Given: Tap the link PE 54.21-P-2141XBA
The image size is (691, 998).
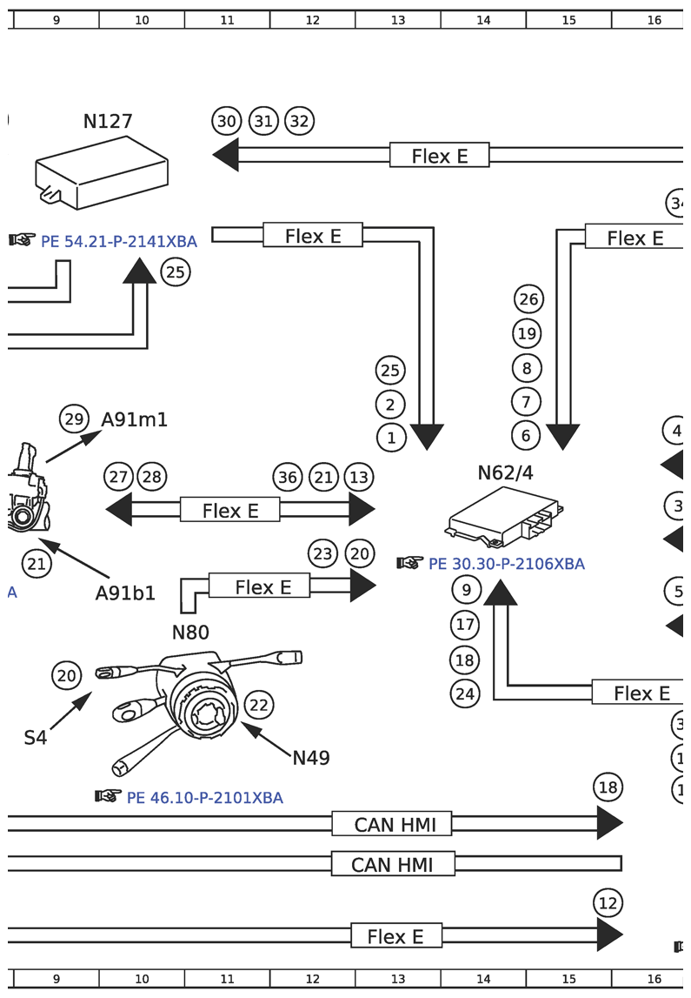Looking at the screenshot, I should [119, 241].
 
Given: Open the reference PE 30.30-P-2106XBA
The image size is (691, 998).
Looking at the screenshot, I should [507, 564].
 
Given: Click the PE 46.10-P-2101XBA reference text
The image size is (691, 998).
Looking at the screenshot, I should [204, 797].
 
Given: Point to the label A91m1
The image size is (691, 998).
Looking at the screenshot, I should [135, 419].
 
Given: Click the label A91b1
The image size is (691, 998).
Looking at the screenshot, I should [125, 593].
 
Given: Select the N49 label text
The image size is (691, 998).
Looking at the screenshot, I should [311, 758].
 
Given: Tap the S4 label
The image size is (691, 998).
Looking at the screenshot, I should [35, 738].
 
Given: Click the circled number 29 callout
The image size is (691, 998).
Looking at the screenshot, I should [74, 419].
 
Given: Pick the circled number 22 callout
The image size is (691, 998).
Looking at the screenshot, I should [258, 705].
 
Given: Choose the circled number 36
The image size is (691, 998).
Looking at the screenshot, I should [288, 477].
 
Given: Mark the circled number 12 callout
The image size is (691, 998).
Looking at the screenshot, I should [608, 903].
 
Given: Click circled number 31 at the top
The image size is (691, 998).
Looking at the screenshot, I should [263, 121].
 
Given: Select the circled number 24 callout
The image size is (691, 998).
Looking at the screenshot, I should [466, 693].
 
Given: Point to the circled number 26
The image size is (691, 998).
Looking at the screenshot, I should [528, 300].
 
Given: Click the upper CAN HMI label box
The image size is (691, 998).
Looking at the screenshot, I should [391, 823].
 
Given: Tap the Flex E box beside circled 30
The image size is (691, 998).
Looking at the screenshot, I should [439, 156].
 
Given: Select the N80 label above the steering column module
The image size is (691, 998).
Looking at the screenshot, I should [190, 632].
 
